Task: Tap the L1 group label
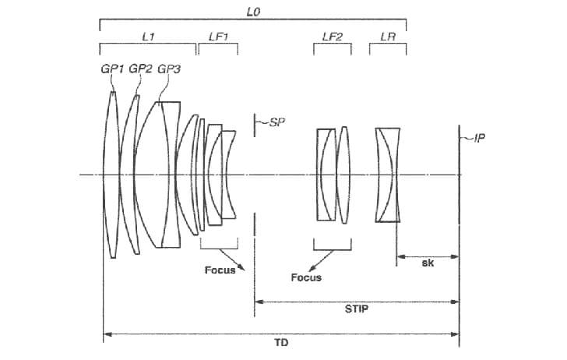[x=148, y=37]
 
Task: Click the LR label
[x=388, y=37]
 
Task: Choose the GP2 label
[x=140, y=69]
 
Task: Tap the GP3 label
[x=169, y=69]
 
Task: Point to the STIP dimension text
[x=356, y=308]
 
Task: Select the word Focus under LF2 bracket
[x=305, y=277]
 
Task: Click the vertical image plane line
[x=459, y=234]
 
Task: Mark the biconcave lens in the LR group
[x=388, y=175]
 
